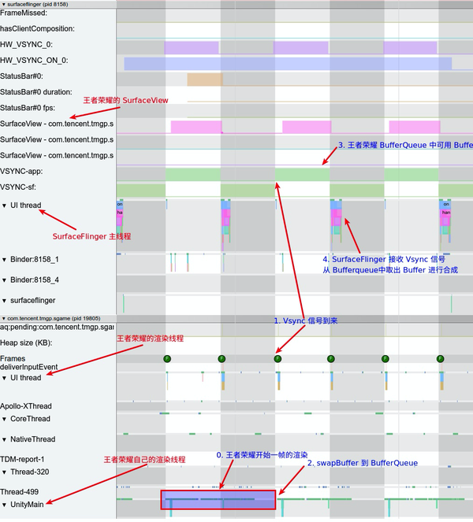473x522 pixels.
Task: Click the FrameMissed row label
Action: point(24,13)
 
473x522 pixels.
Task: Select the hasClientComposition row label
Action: point(37,28)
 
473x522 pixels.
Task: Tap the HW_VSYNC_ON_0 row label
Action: point(34,60)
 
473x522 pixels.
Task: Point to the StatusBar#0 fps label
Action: point(32,107)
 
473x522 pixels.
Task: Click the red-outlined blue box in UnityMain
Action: point(218,501)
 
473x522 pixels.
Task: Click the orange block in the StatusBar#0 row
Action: point(205,80)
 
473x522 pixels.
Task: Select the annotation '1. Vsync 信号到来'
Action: point(311,320)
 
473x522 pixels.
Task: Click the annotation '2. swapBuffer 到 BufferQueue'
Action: point(361,463)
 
